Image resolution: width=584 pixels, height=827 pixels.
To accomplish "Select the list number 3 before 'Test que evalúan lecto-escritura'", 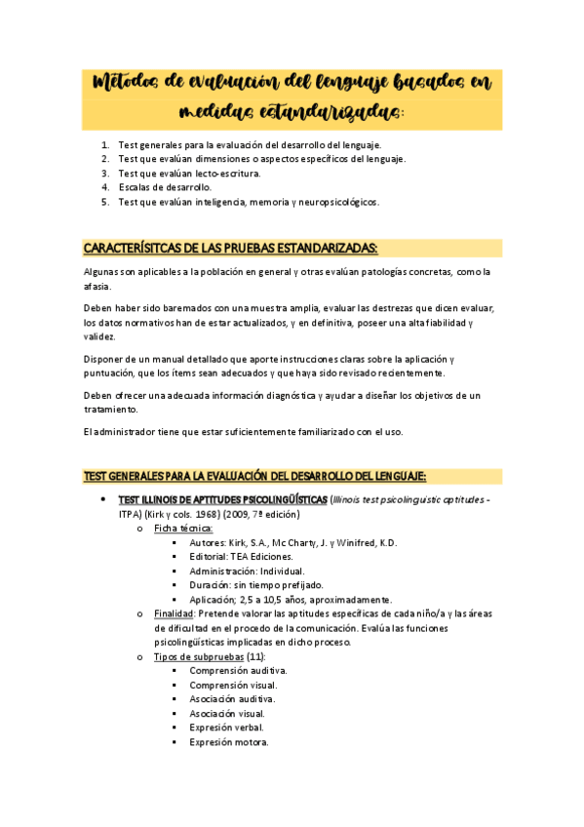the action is pos(105,173).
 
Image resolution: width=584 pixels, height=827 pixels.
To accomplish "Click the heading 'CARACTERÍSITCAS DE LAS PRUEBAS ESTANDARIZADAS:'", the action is pos(230,248).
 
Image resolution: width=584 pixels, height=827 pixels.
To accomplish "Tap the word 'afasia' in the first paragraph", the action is pos(97,287).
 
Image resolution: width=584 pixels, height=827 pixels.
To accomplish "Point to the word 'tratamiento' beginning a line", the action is pos(109,410).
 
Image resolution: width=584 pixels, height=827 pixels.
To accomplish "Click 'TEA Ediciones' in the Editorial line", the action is pos(270,556).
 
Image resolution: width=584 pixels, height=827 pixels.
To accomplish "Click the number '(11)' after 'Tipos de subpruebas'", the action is pos(255,656).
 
